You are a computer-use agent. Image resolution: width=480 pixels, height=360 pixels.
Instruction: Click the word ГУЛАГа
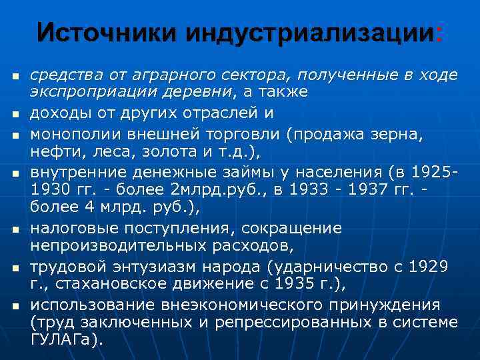point(64,338)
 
